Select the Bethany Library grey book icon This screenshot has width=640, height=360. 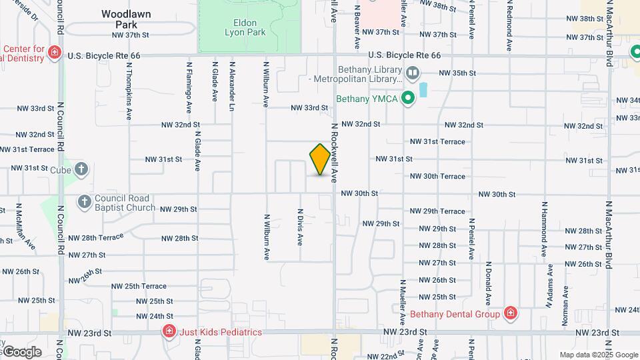click(x=413, y=72)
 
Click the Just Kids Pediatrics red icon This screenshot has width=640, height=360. click(x=169, y=331)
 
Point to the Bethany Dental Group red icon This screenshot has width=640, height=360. click(x=511, y=314)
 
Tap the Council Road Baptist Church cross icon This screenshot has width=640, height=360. click(x=85, y=201)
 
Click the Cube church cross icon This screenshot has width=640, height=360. click(x=81, y=169)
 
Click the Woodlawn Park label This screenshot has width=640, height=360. click(x=126, y=19)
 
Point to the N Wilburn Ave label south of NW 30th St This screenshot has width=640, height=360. click(x=266, y=237)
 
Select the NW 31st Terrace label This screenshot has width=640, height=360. click(x=437, y=141)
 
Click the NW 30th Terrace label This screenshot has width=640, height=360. click(x=437, y=176)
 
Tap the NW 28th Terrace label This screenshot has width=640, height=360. click(x=96, y=237)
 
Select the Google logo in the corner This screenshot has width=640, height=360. click(x=21, y=352)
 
